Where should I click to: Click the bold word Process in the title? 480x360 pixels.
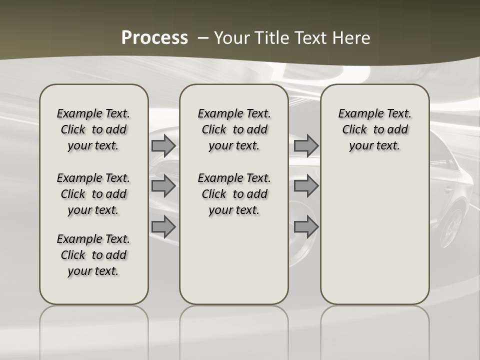(x=154, y=38)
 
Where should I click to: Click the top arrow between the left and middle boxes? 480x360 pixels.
(x=163, y=145)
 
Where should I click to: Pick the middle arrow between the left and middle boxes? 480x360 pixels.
(x=163, y=186)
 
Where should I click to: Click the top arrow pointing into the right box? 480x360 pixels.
(x=306, y=145)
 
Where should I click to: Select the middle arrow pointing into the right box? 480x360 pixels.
(x=306, y=186)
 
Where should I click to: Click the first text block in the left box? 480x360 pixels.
(x=93, y=129)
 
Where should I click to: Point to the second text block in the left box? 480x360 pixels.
(x=93, y=194)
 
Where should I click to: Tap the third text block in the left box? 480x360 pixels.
(x=93, y=255)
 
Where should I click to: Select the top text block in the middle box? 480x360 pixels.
(x=234, y=129)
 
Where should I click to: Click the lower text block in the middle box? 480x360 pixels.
(x=234, y=194)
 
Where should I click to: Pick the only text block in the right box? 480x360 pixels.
(x=374, y=129)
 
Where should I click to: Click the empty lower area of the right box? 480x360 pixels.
(x=374, y=230)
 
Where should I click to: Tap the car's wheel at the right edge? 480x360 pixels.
(x=452, y=227)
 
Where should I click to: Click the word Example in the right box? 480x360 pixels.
(x=358, y=113)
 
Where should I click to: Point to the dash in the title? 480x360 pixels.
(x=203, y=38)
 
